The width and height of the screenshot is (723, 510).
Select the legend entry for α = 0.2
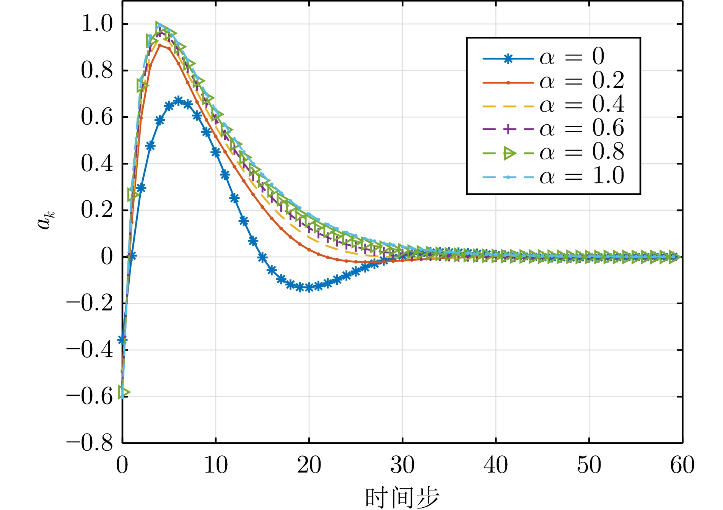click(x=554, y=82)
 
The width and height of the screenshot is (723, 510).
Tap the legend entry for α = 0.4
click(x=554, y=106)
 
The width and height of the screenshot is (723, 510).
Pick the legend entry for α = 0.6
click(x=554, y=129)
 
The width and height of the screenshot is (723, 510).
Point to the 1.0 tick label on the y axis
click(x=97, y=24)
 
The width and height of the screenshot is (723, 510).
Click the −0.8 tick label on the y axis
click(x=90, y=443)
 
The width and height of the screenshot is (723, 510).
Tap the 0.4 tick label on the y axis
click(x=97, y=164)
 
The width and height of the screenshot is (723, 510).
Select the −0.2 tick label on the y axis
click(x=90, y=304)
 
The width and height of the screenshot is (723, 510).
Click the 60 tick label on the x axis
click(x=682, y=465)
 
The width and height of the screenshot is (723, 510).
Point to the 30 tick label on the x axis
click(x=402, y=465)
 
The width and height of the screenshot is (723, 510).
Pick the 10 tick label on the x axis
click(x=216, y=465)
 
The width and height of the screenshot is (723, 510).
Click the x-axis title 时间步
click(x=402, y=497)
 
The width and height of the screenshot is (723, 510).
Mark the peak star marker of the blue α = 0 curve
click(x=178, y=101)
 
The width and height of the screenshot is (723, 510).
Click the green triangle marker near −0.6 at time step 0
click(x=124, y=392)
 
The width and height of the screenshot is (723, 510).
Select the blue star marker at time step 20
click(x=309, y=287)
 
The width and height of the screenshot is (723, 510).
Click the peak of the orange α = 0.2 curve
click(x=160, y=45)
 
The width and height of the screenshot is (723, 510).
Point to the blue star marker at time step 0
click(x=122, y=339)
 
